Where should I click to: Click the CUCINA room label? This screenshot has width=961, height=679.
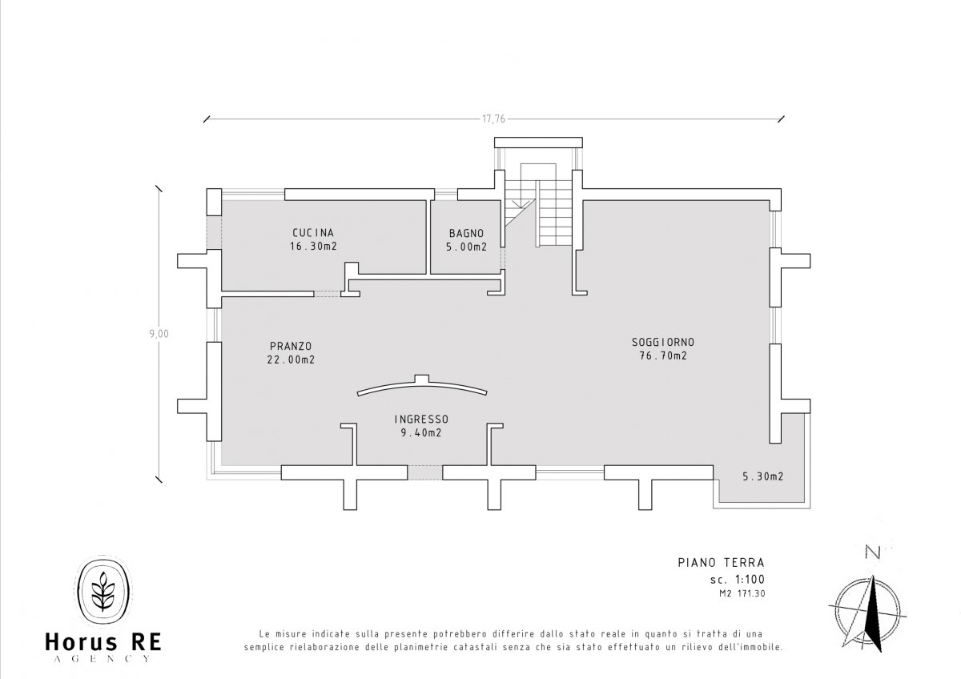(x=313, y=233)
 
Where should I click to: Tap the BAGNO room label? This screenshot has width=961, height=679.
(x=466, y=233)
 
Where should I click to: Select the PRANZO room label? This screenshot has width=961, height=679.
(x=291, y=346)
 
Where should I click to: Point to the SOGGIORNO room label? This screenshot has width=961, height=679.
(x=663, y=342)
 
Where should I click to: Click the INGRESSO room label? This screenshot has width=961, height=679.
(x=421, y=419)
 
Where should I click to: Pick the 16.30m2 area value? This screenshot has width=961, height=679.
(x=313, y=246)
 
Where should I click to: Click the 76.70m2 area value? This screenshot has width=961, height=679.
(x=663, y=356)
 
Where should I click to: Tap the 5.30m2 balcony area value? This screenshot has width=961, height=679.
(x=763, y=476)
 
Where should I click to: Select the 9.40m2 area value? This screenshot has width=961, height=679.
(x=421, y=433)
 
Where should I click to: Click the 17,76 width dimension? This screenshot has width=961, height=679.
(x=494, y=119)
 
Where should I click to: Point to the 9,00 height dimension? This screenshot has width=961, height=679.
(x=159, y=334)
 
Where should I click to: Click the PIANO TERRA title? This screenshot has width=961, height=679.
(x=722, y=562)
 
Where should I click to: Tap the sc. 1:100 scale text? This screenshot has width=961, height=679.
(x=738, y=580)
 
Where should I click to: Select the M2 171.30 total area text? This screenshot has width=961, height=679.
(x=742, y=594)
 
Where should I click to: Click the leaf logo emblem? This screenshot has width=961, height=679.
(x=103, y=593)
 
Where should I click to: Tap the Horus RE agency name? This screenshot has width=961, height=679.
(x=103, y=642)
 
